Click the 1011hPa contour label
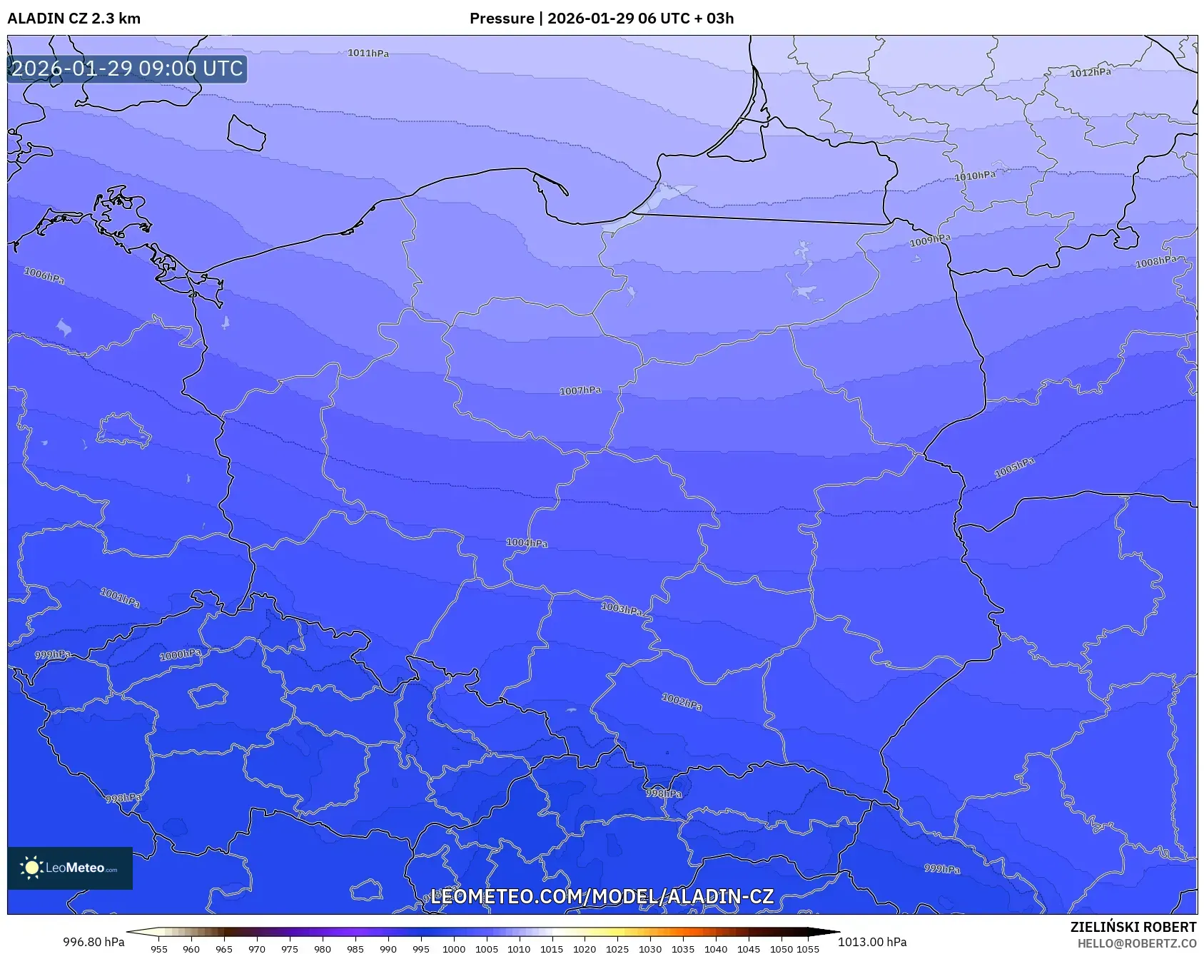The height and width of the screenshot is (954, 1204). coord(368,54)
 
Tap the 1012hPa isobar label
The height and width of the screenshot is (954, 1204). coord(1090,72)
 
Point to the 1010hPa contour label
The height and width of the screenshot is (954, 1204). coord(974,176)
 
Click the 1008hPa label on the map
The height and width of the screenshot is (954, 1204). coord(1155,262)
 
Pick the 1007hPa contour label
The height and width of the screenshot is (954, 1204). coord(580,391)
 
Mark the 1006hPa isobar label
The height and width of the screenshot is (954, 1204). coord(44,275)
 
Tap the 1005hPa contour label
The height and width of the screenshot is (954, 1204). coord(1014,468)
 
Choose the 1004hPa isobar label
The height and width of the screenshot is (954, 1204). coord(527,543)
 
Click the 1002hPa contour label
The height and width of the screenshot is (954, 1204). coord(682,702)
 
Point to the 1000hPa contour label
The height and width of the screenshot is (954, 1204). coord(180,654)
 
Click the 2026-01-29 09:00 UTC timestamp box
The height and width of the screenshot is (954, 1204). coord(127,68)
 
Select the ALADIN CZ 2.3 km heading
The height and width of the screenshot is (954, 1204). coord(74,19)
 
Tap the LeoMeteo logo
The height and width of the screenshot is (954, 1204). coord(70,868)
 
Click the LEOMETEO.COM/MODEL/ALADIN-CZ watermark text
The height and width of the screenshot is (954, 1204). coord(602,897)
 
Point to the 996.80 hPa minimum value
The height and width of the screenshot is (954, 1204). coord(93,942)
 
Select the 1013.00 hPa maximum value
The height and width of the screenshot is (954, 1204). coord(872,942)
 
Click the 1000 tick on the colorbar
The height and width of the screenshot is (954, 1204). coord(453,949)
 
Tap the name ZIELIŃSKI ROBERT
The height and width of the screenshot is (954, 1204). coord(1133,927)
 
